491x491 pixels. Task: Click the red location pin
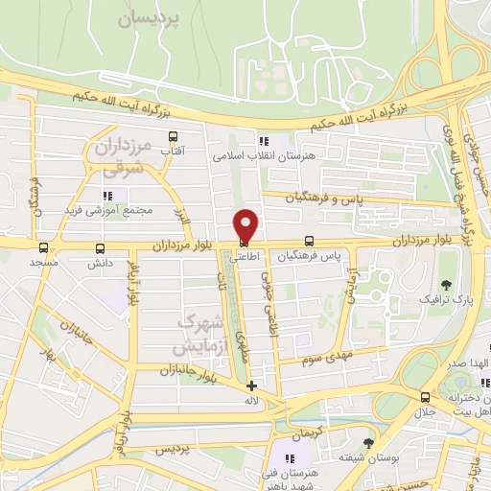246,224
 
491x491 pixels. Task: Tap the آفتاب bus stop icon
173,137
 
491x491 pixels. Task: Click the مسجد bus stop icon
44,246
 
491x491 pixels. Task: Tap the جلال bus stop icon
425,397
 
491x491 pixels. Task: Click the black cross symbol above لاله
251,386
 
